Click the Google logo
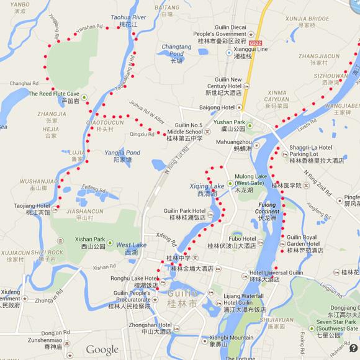pos(102,349)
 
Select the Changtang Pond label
pos(176,50)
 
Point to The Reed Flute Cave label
pos(54,94)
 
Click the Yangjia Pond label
pos(122,153)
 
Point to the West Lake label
pos(130,246)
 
